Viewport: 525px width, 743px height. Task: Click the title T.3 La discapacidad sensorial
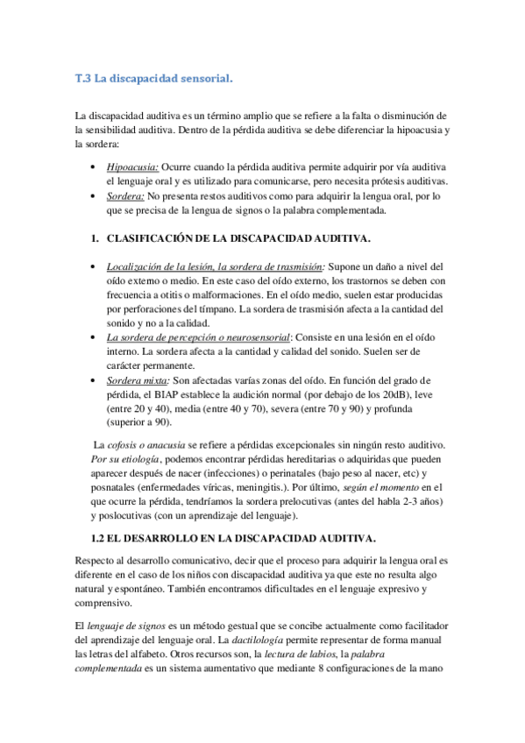(154, 79)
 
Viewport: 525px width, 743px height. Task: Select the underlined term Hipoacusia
(132, 166)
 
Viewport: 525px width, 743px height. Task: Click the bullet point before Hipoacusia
(94, 166)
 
